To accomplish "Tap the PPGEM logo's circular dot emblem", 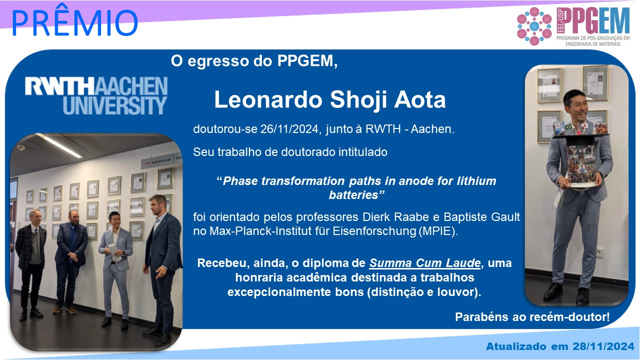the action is pyautogui.click(x=534, y=26).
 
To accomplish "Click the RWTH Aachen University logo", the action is pyautogui.click(x=96, y=95).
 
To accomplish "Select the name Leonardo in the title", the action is pyautogui.click(x=268, y=99).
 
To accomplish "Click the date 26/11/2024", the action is pyautogui.click(x=289, y=129).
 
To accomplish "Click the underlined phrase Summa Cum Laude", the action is pyautogui.click(x=424, y=263).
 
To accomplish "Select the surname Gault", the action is pyautogui.click(x=505, y=217).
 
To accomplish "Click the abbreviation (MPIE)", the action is pyautogui.click(x=438, y=231).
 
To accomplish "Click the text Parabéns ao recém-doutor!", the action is pyautogui.click(x=532, y=317).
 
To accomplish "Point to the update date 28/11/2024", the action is pyautogui.click(x=603, y=346).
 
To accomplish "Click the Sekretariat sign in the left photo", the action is pyautogui.click(x=161, y=161).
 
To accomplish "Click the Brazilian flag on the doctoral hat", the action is pyautogui.click(x=568, y=127).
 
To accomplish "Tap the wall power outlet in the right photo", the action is pyautogui.click(x=599, y=252).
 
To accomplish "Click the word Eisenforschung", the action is pyautogui.click(x=374, y=231).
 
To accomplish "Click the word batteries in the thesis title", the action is pyautogui.click(x=353, y=195).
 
